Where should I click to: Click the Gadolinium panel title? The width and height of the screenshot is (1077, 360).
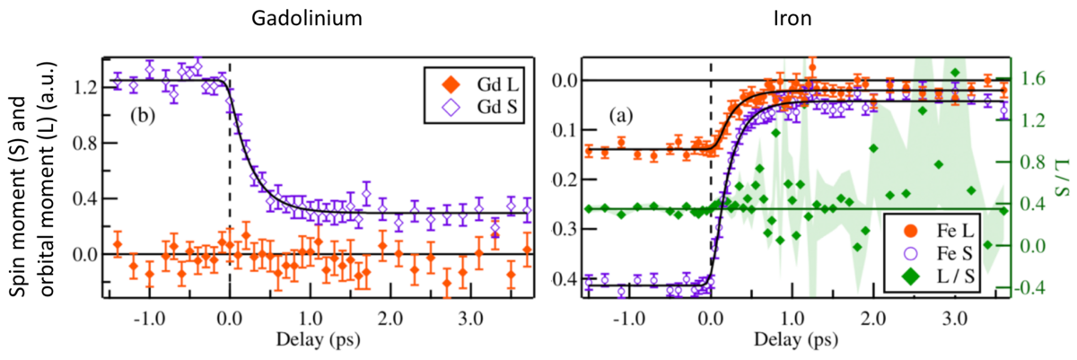(x=269, y=18)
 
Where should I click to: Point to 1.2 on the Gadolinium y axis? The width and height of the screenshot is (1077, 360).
(x=87, y=87)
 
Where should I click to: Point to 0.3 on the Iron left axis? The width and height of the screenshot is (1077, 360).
(x=568, y=228)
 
